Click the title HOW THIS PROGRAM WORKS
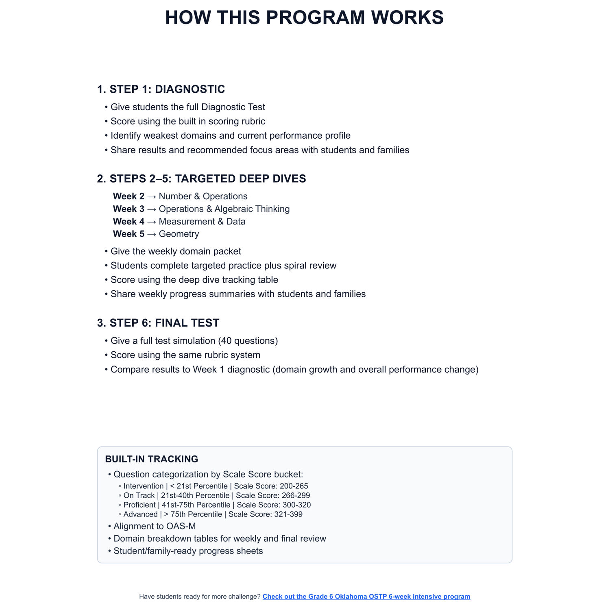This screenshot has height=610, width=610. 304,18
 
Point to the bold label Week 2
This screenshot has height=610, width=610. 129,196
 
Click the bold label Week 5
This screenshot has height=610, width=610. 129,234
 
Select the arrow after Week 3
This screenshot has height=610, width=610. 152,209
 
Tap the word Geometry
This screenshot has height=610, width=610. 179,234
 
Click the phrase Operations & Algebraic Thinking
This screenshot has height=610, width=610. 224,209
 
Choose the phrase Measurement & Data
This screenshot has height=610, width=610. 202,222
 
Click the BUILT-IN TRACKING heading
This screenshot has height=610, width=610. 152,459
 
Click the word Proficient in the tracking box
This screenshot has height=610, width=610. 139,505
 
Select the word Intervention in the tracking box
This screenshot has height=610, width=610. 143,486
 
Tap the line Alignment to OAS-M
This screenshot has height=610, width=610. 155,526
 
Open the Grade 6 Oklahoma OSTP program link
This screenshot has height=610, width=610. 366,597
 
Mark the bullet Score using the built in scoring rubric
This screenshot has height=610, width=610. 188,122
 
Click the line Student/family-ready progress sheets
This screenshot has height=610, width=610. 188,551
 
